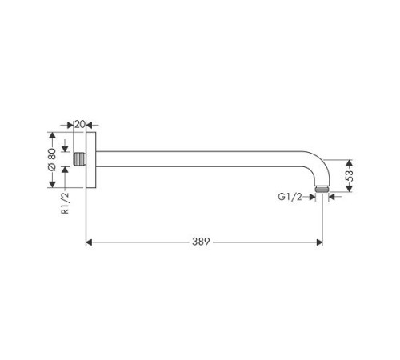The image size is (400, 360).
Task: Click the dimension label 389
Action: coord(201,242)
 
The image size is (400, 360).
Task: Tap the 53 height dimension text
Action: coord(349,176)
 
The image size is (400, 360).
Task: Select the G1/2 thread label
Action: coord(290,197)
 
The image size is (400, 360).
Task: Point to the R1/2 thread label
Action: coord(65,203)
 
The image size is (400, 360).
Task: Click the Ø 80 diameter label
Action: coord(52,159)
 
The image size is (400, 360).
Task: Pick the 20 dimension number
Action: coord(80,124)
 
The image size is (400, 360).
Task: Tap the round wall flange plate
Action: coord(90,160)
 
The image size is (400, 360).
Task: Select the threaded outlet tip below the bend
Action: coord(322,190)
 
